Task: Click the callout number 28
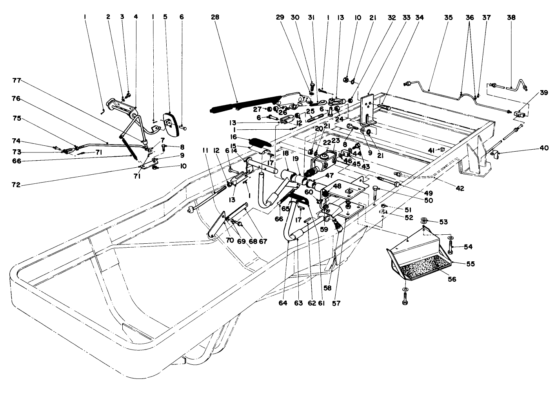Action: coord(215,18)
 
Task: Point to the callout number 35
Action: coord(448,18)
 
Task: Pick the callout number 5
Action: coord(165,18)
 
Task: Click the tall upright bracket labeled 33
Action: coord(368,108)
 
